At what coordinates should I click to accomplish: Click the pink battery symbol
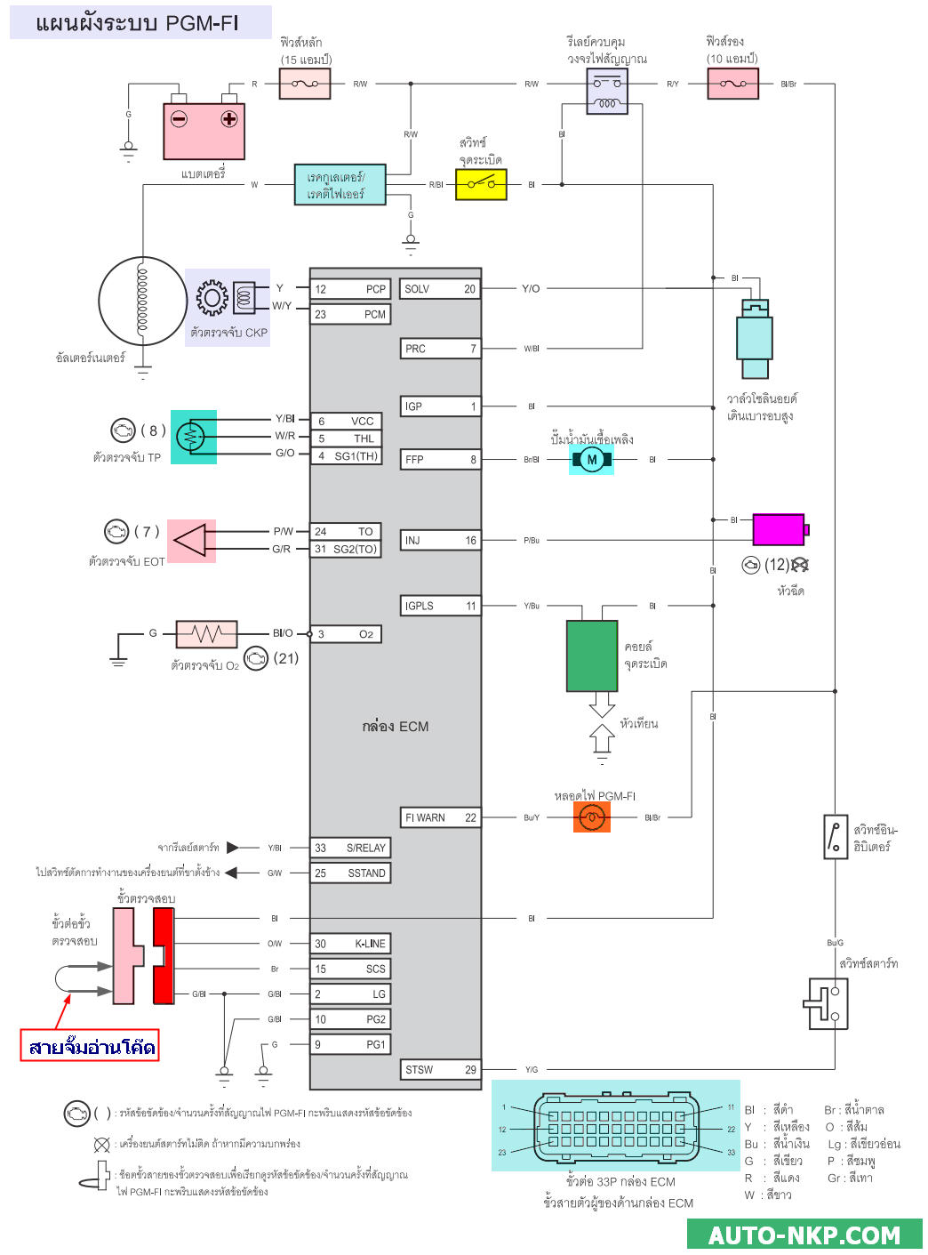(x=204, y=131)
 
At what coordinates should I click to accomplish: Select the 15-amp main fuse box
(x=305, y=84)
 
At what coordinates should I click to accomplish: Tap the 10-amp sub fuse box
(x=732, y=84)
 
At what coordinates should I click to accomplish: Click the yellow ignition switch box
(x=481, y=185)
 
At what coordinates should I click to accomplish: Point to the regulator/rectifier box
(x=340, y=185)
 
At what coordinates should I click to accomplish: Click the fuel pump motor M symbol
(x=591, y=460)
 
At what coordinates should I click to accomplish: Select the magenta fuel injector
(x=780, y=529)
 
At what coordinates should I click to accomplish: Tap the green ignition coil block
(x=592, y=656)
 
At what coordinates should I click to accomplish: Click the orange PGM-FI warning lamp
(x=591, y=817)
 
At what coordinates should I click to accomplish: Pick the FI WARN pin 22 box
(x=440, y=817)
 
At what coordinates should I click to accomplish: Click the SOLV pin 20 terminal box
(x=440, y=289)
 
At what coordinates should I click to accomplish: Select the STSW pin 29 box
(x=440, y=1070)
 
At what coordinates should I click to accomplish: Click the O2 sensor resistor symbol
(x=207, y=634)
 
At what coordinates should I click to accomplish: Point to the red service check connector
(x=164, y=956)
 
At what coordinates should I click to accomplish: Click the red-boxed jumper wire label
(x=91, y=1046)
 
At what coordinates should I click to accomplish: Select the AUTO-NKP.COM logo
(x=804, y=1235)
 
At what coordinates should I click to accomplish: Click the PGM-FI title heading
(x=139, y=22)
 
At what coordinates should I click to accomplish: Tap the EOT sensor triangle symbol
(x=191, y=540)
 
